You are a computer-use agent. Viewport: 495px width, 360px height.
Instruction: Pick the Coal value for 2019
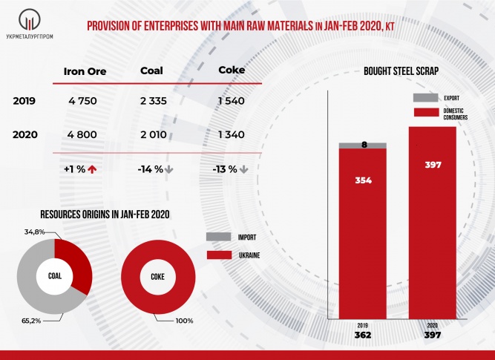pyautogui.click(x=155, y=102)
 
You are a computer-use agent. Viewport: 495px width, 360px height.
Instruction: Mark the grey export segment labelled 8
pyautogui.click(x=363, y=145)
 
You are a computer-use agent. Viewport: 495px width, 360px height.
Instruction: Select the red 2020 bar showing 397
pyautogui.click(x=432, y=223)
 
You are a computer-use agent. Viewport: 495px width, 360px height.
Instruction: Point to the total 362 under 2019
pyautogui.click(x=364, y=336)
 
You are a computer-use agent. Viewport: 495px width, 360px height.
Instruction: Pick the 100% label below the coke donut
pyautogui.click(x=185, y=321)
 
